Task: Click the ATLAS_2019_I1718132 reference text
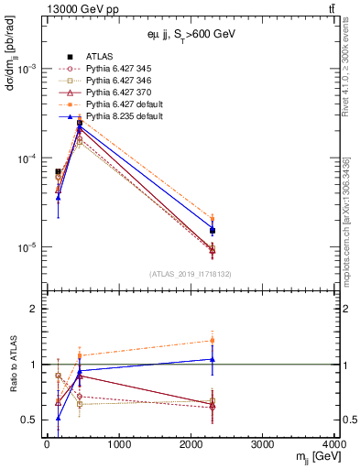[x=191, y=275]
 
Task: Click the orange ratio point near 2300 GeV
[x=213, y=340]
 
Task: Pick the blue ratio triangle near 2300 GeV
[x=213, y=358]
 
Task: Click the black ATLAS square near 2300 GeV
[x=213, y=231]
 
